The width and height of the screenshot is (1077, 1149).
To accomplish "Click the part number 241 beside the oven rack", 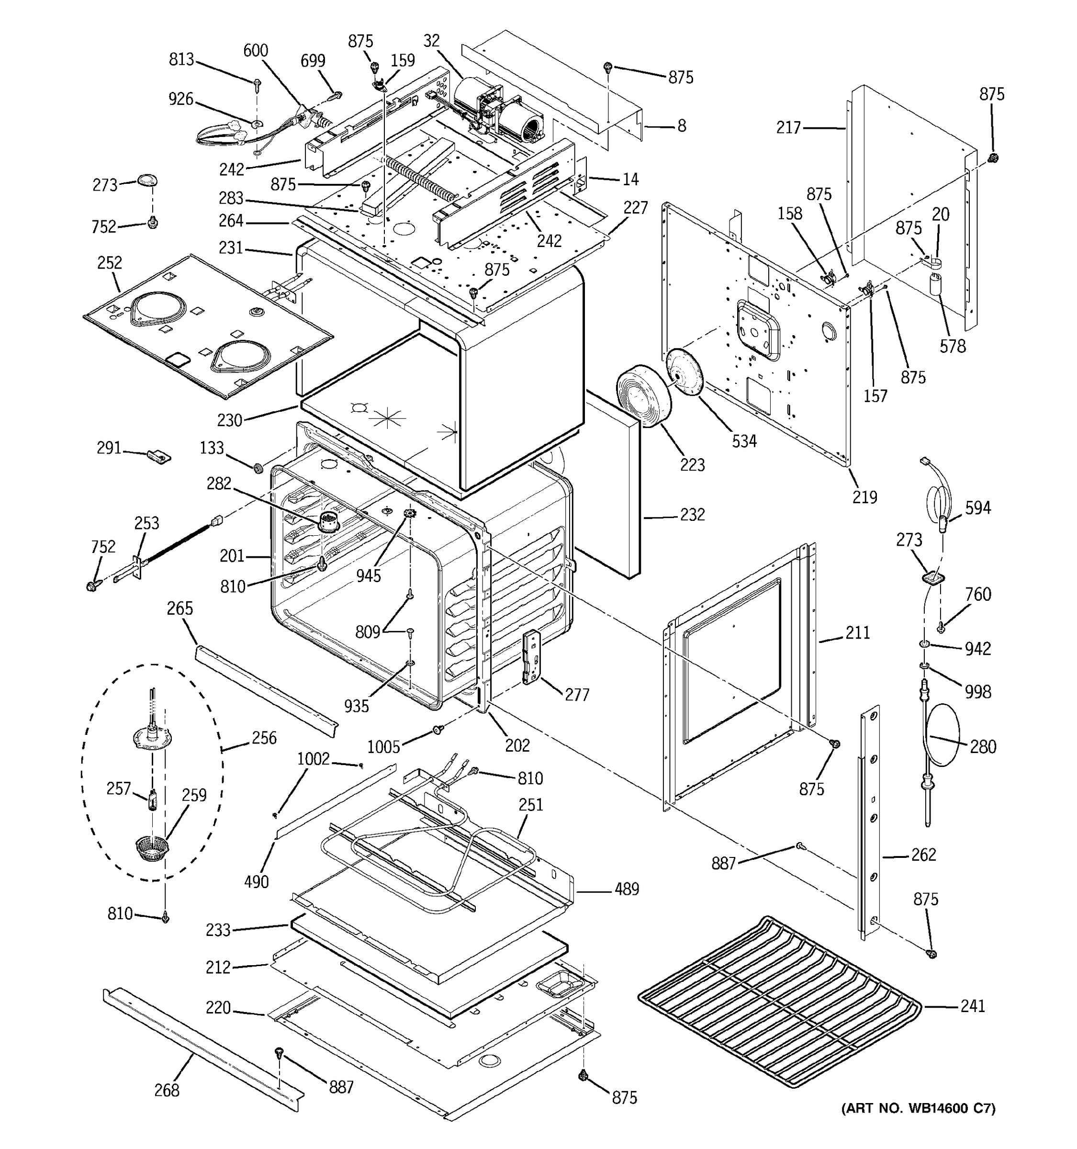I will click(973, 1006).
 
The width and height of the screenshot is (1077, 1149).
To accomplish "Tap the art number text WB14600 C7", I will click(918, 1108).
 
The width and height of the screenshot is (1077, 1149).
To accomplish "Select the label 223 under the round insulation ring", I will click(692, 465).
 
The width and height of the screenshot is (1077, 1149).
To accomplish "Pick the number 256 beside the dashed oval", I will click(264, 738).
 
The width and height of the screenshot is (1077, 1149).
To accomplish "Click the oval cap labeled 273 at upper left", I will click(147, 181).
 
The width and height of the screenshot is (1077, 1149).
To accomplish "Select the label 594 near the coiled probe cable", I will click(977, 508).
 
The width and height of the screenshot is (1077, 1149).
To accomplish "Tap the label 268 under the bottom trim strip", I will click(167, 1091).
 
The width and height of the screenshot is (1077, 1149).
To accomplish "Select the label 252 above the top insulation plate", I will click(109, 263).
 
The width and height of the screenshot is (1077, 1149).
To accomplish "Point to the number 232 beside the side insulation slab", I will click(692, 514).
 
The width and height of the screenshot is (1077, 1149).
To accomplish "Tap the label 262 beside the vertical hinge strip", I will click(923, 854).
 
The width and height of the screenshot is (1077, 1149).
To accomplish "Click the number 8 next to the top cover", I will click(682, 126).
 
